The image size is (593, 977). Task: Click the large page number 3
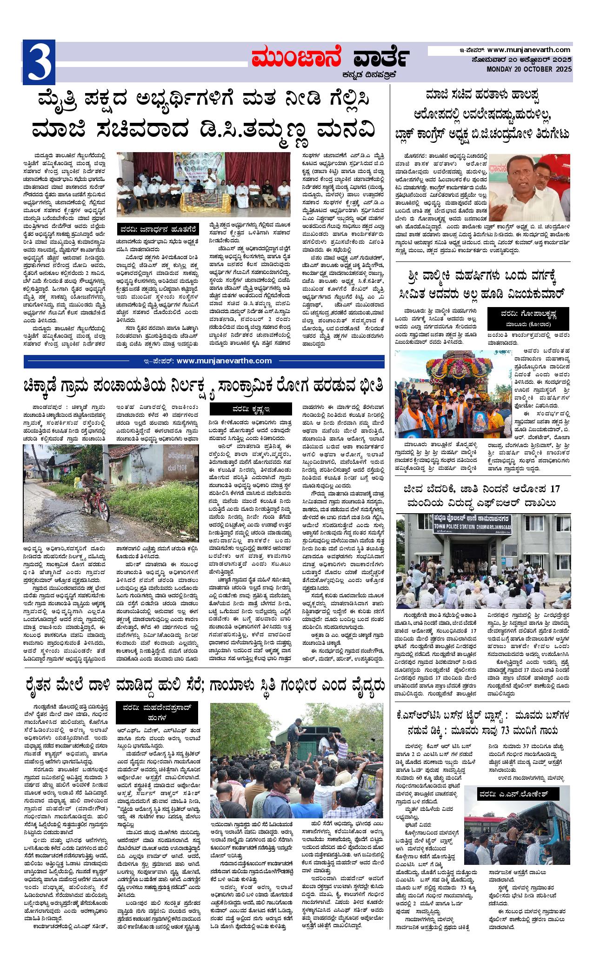click(39, 62)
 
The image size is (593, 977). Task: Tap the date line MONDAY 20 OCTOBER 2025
click(529, 69)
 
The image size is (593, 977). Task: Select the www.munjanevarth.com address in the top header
click(529, 50)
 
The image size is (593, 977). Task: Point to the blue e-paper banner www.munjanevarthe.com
click(204, 361)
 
